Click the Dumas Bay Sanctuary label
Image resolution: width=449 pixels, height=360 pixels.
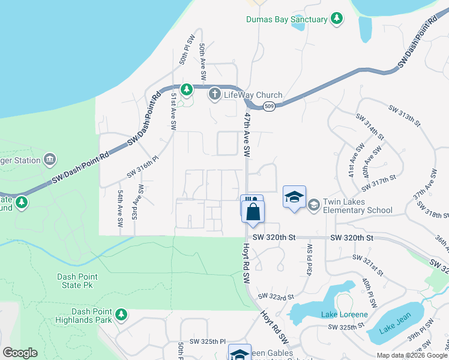(x=286, y=19)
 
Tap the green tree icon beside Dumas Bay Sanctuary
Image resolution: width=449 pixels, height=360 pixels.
(x=337, y=19)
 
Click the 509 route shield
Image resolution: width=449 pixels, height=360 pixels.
(x=269, y=106)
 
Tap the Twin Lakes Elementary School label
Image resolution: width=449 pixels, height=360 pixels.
(x=358, y=206)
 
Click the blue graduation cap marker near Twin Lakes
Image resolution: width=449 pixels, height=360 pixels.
(x=294, y=197)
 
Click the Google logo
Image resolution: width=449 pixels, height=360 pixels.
(x=20, y=353)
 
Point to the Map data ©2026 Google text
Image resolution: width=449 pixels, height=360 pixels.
(x=411, y=355)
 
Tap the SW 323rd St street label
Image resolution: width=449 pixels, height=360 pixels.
(x=276, y=296)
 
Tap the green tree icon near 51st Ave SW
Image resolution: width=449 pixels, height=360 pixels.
(x=187, y=90)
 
